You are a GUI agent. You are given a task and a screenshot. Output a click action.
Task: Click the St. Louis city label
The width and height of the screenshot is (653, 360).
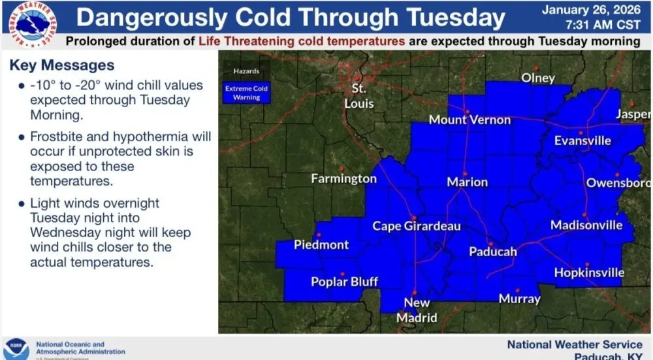click(x=359, y=96)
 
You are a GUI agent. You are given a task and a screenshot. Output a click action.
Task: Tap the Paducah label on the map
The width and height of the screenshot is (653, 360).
click(x=493, y=252)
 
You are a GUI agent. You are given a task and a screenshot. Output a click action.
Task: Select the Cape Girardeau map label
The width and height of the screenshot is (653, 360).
click(x=417, y=226)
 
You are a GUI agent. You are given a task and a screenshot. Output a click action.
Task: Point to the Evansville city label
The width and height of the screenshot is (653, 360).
click(x=582, y=140)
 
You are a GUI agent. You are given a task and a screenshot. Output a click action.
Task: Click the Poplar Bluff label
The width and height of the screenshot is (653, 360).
click(x=344, y=282)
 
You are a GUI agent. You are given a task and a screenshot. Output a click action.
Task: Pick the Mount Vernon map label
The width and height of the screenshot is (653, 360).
click(x=470, y=120)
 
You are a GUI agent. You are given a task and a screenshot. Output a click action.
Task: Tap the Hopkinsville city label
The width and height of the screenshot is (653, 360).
click(x=589, y=272)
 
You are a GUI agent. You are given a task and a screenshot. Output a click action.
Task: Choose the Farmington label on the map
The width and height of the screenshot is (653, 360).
click(x=343, y=178)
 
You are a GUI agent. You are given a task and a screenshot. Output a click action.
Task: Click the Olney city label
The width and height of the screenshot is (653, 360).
click(x=538, y=78)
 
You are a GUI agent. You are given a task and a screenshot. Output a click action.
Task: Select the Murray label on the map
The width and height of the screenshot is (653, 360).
click(x=519, y=299)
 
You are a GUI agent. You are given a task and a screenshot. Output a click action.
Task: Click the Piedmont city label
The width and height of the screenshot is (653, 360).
click(x=321, y=245)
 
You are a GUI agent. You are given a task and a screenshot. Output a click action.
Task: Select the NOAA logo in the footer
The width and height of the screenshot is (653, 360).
click(x=16, y=348)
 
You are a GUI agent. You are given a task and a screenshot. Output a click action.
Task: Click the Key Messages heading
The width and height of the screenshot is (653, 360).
click(x=62, y=65)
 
